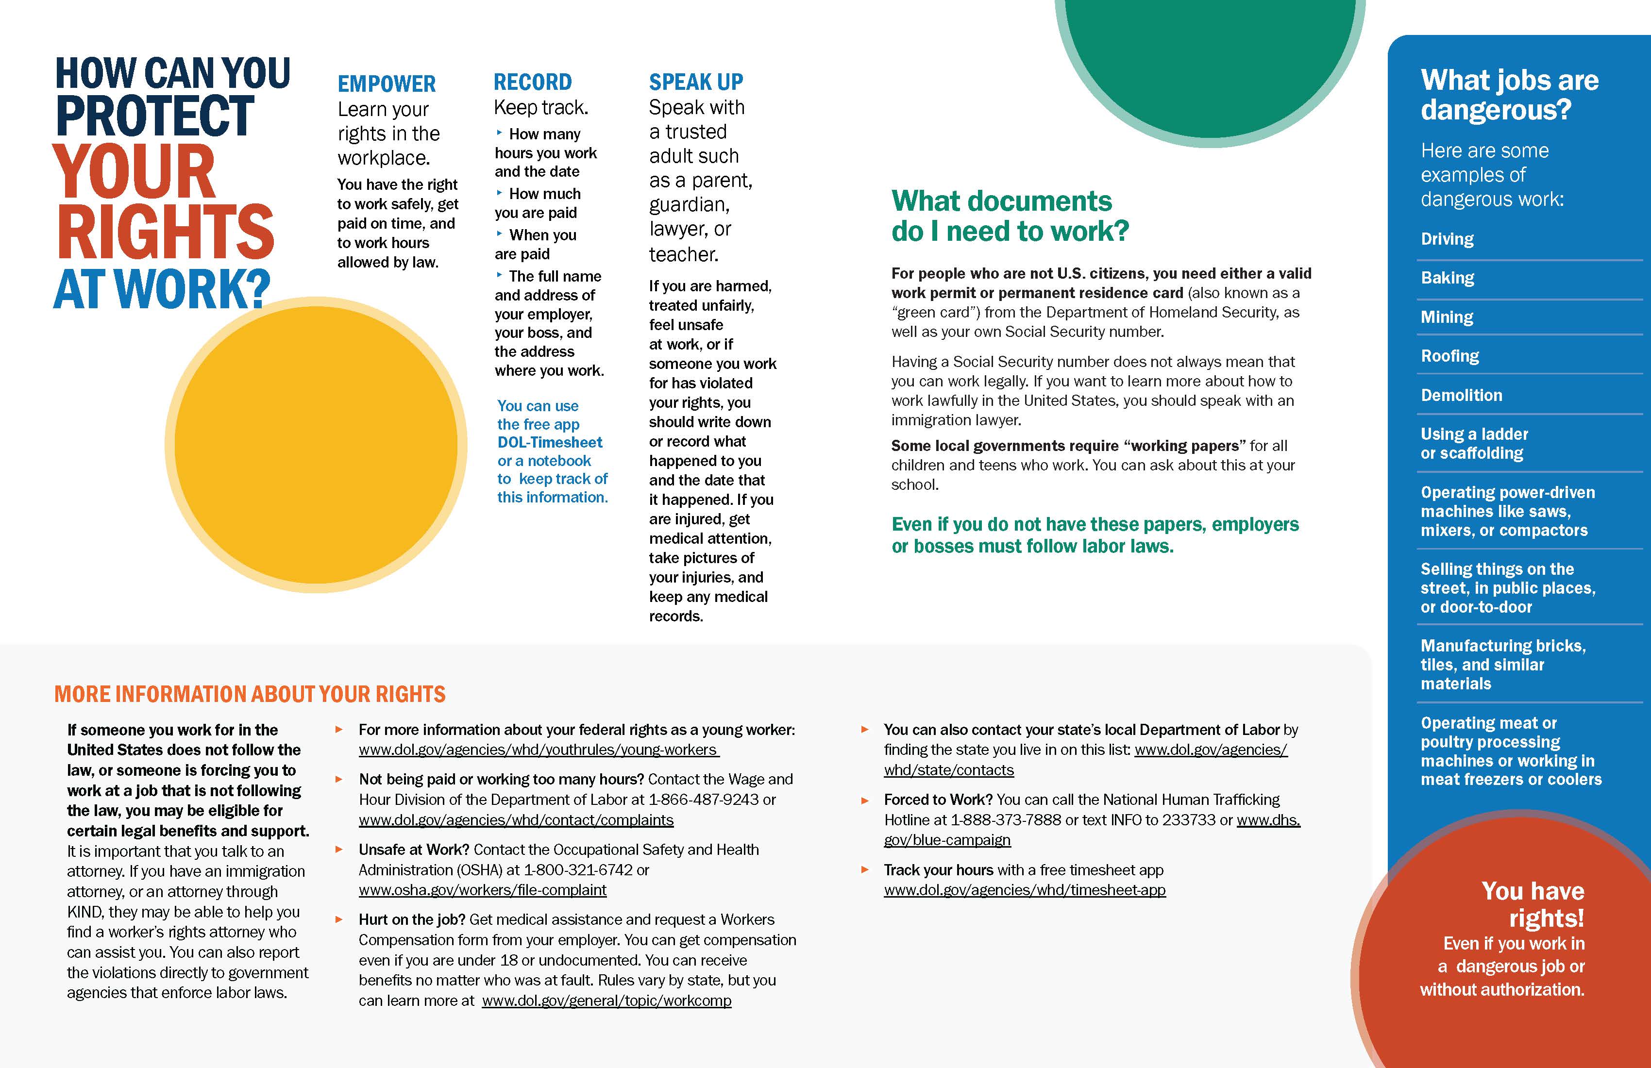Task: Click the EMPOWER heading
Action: click(x=387, y=84)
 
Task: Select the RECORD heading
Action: click(x=532, y=82)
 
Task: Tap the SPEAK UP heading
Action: click(x=696, y=82)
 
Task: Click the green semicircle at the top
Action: click(x=1209, y=55)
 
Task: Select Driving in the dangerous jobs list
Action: click(x=1447, y=239)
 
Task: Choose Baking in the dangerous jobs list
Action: click(x=1447, y=278)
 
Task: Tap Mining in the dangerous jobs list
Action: click(x=1447, y=317)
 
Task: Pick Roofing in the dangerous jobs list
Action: click(x=1450, y=356)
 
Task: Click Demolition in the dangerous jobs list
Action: click(x=1461, y=395)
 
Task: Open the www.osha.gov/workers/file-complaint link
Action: click(x=482, y=890)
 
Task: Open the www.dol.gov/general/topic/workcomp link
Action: click(x=606, y=1001)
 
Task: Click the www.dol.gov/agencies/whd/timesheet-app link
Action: click(x=1025, y=890)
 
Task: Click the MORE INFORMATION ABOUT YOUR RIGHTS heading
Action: click(x=250, y=694)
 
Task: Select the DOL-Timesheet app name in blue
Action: click(x=549, y=442)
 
